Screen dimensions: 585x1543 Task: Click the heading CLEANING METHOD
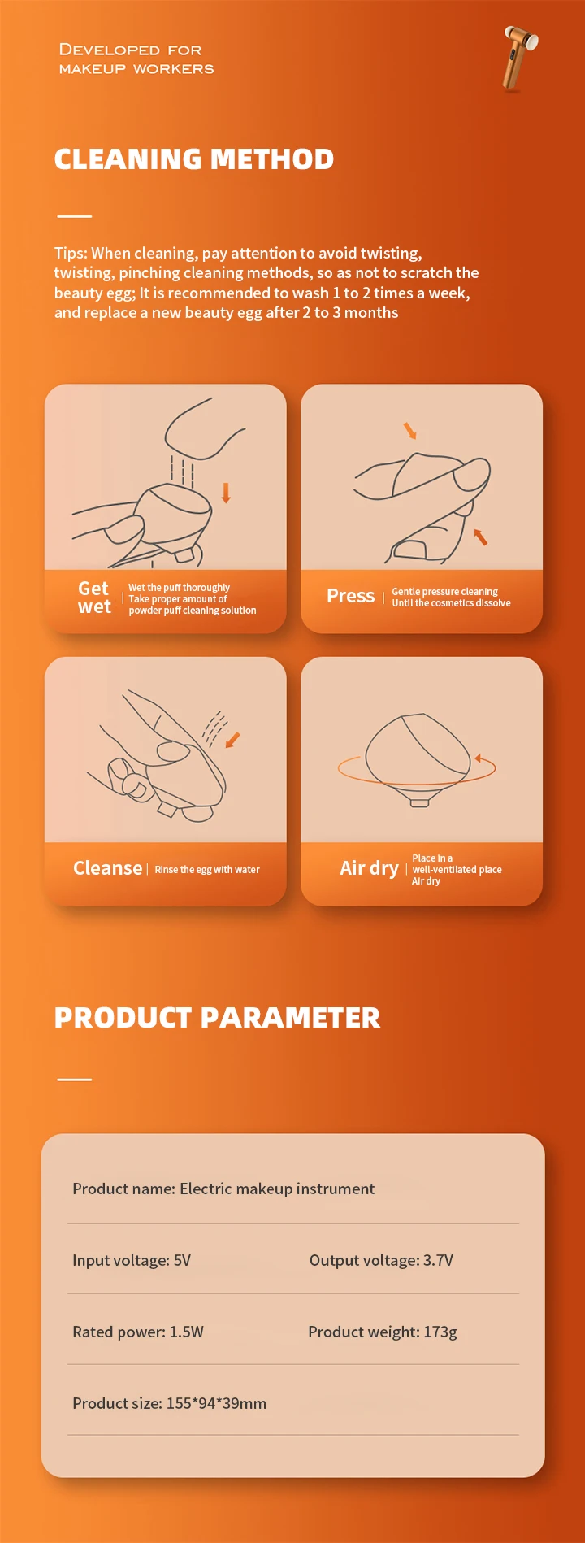click(x=194, y=159)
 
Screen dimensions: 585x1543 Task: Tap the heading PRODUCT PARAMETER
click(x=217, y=1018)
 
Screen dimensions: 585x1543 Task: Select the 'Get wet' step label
click(x=94, y=598)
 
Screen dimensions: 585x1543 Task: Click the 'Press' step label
click(x=351, y=596)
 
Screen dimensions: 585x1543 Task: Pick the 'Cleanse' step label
click(x=107, y=868)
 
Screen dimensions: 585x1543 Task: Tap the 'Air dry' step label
click(x=370, y=868)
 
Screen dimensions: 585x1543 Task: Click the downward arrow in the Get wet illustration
click(x=227, y=492)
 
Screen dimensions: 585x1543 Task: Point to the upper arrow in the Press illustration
click(x=410, y=430)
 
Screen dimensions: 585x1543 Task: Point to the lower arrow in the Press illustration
click(x=480, y=537)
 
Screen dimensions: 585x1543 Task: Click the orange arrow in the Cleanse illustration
click(x=232, y=740)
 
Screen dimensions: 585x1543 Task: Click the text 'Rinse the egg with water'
click(x=207, y=870)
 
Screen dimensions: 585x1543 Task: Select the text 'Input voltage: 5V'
click(x=132, y=1260)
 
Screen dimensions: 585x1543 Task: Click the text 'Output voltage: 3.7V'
click(x=381, y=1260)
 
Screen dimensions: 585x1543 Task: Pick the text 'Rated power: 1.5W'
click(x=138, y=1332)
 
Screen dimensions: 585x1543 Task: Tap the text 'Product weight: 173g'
click(x=383, y=1332)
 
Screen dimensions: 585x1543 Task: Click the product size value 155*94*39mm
click(x=216, y=1403)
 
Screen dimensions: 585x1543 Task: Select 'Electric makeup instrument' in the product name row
click(x=277, y=1189)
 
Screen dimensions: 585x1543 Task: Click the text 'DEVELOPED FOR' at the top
click(x=131, y=50)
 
